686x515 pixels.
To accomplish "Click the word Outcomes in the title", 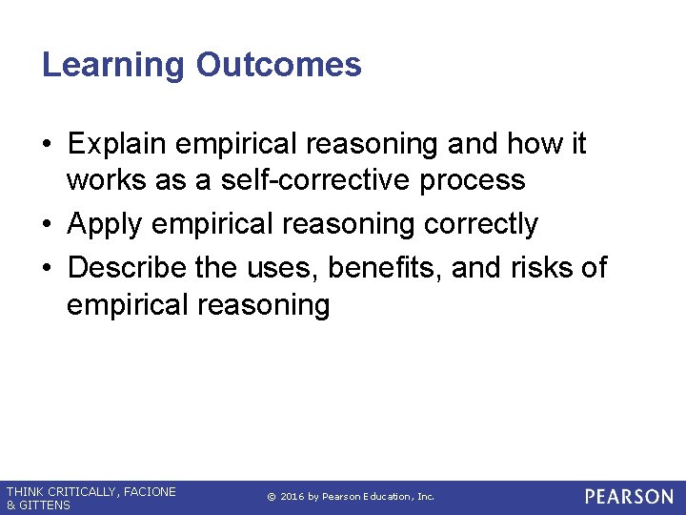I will (x=278, y=65).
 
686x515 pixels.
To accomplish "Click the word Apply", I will (x=104, y=224).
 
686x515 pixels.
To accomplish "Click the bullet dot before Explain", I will (x=48, y=145).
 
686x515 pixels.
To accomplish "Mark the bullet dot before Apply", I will (x=48, y=225).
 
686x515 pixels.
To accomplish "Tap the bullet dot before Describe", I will (x=48, y=268).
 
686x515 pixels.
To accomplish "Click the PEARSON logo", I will (x=629, y=497).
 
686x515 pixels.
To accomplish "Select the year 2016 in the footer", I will (x=293, y=497).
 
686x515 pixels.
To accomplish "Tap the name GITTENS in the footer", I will (x=44, y=505).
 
